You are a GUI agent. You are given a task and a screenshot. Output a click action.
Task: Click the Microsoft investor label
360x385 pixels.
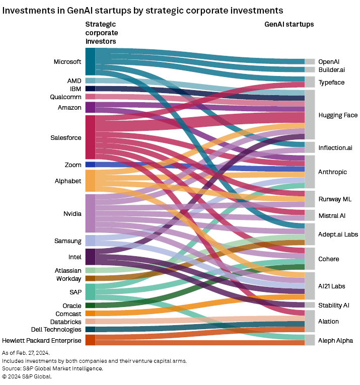67,62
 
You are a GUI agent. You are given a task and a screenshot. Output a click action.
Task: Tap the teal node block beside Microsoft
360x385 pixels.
90,61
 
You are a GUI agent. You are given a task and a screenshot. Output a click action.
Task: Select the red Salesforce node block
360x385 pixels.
90,137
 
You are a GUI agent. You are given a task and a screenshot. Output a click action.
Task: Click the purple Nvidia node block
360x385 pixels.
90,213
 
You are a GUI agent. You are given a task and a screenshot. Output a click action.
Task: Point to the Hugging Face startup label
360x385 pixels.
338,115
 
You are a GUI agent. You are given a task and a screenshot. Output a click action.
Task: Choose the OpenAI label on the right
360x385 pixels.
329,61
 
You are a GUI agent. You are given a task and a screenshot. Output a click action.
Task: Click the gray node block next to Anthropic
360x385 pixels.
310,172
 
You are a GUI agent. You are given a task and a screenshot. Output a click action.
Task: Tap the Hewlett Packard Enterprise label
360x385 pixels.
42,340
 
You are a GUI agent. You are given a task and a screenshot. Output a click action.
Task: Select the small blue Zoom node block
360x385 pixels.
90,165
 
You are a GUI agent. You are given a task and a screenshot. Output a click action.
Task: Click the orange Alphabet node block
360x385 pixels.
90,181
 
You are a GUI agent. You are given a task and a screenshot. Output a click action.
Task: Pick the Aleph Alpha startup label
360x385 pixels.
335,341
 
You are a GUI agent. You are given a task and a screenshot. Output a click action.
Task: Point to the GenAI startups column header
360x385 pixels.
289,24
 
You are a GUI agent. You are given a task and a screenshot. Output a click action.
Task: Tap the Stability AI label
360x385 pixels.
333,305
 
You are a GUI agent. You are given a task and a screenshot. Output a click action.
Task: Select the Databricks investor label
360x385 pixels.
65,322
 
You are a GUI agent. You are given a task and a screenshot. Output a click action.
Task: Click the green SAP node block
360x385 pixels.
90,292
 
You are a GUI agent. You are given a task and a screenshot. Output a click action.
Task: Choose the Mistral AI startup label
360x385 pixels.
332,215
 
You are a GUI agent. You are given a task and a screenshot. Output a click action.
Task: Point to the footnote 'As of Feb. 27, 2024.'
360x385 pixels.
26,353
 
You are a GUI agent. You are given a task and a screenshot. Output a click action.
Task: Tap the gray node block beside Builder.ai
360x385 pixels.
310,69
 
